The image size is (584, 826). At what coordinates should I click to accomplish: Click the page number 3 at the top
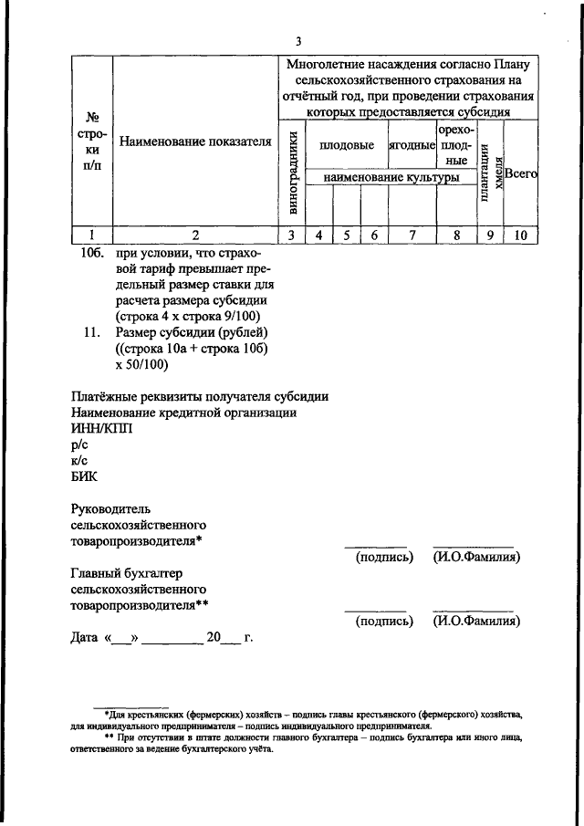pos(297,40)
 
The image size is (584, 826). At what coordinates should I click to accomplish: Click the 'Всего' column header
pos(521,172)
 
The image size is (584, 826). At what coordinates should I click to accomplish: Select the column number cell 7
pos(412,235)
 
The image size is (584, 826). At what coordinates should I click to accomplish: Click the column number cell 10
pos(520,235)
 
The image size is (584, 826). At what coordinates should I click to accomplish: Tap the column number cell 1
pos(92,235)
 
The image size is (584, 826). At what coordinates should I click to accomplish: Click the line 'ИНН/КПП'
pos(101,429)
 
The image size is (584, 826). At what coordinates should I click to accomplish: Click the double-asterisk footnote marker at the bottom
pos(109,737)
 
